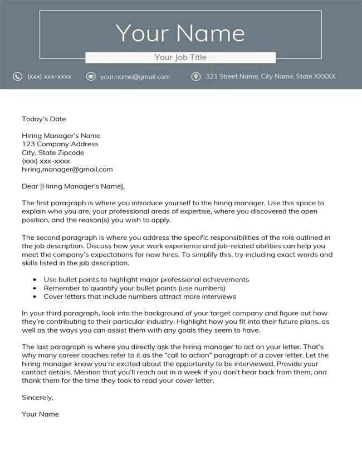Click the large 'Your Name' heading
(x=180, y=33)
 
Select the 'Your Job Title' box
(x=180, y=57)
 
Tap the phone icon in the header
(x=18, y=76)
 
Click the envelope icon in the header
(x=91, y=76)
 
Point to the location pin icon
(x=196, y=76)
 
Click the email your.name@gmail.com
(x=135, y=77)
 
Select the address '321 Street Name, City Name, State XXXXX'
(x=271, y=76)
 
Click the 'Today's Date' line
(x=44, y=118)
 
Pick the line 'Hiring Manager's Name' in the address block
(x=61, y=135)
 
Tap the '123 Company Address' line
(x=60, y=144)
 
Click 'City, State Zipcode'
(x=53, y=152)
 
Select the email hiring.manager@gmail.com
(x=67, y=169)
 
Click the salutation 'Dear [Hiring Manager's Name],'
(x=74, y=186)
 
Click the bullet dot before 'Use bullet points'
(x=35, y=280)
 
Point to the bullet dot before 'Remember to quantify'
(x=35, y=288)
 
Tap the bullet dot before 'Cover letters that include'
(x=35, y=296)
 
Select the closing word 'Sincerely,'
(x=38, y=397)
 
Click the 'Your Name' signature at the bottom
(x=40, y=414)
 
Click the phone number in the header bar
(x=50, y=77)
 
